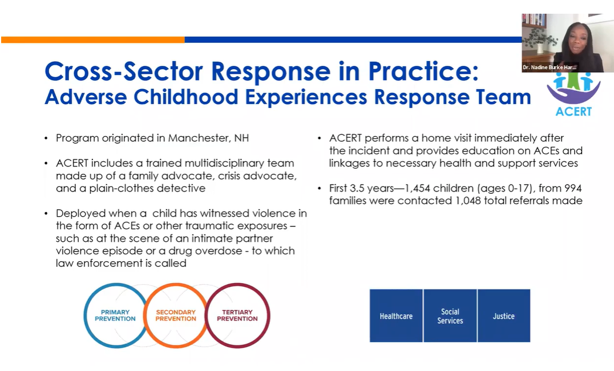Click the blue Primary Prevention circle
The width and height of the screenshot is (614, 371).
(x=115, y=315)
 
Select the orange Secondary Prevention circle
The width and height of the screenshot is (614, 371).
(x=176, y=315)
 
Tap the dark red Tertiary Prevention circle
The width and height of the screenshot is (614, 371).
(x=237, y=315)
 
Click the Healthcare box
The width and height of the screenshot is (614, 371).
(x=396, y=316)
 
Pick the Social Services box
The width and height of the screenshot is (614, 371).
(x=450, y=316)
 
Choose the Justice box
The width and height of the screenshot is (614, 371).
(x=504, y=316)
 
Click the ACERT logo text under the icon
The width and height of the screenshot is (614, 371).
(x=573, y=111)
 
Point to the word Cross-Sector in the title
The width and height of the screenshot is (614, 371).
(x=123, y=71)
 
